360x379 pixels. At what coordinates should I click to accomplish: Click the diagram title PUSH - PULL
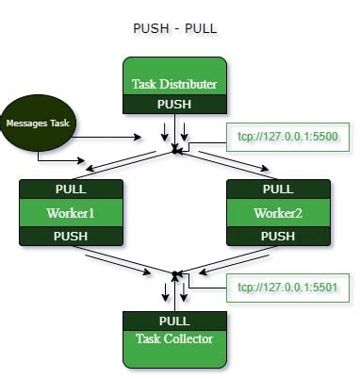[x=176, y=28]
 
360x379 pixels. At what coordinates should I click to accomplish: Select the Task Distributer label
[x=173, y=84]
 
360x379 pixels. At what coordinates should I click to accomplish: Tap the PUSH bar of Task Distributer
[x=173, y=104]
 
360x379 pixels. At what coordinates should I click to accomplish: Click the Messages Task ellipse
[x=40, y=123]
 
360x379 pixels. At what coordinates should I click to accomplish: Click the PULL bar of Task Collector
[x=173, y=321]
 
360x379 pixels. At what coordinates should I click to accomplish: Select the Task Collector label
[x=173, y=338]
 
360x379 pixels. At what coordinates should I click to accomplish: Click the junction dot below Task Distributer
[x=174, y=149]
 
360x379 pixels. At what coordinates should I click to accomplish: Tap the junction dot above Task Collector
[x=174, y=274]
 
